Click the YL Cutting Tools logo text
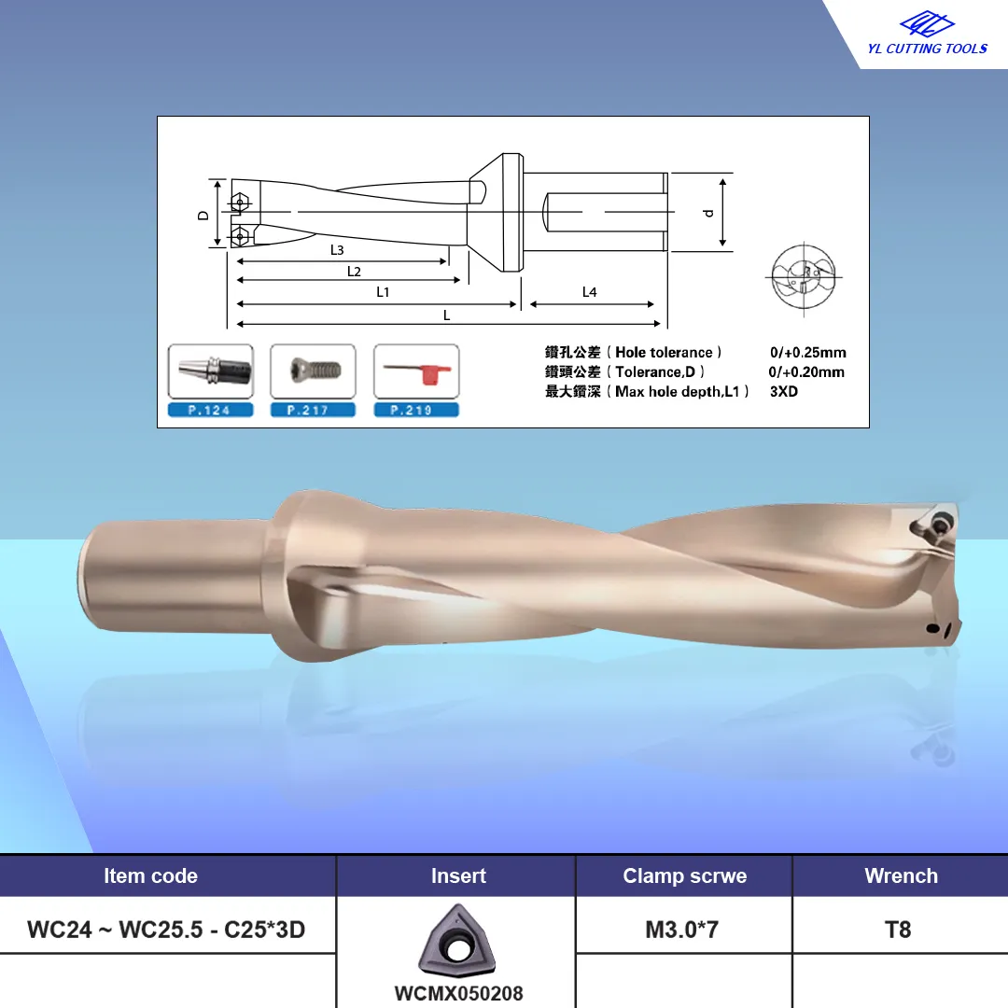(x=927, y=49)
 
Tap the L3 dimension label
(x=337, y=250)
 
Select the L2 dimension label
(x=354, y=272)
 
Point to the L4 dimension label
(x=590, y=292)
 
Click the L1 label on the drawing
(x=383, y=292)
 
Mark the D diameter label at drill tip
(x=203, y=216)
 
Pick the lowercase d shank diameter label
(x=708, y=213)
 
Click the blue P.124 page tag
(x=210, y=410)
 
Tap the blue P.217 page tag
(x=313, y=410)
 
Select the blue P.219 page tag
(x=416, y=410)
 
